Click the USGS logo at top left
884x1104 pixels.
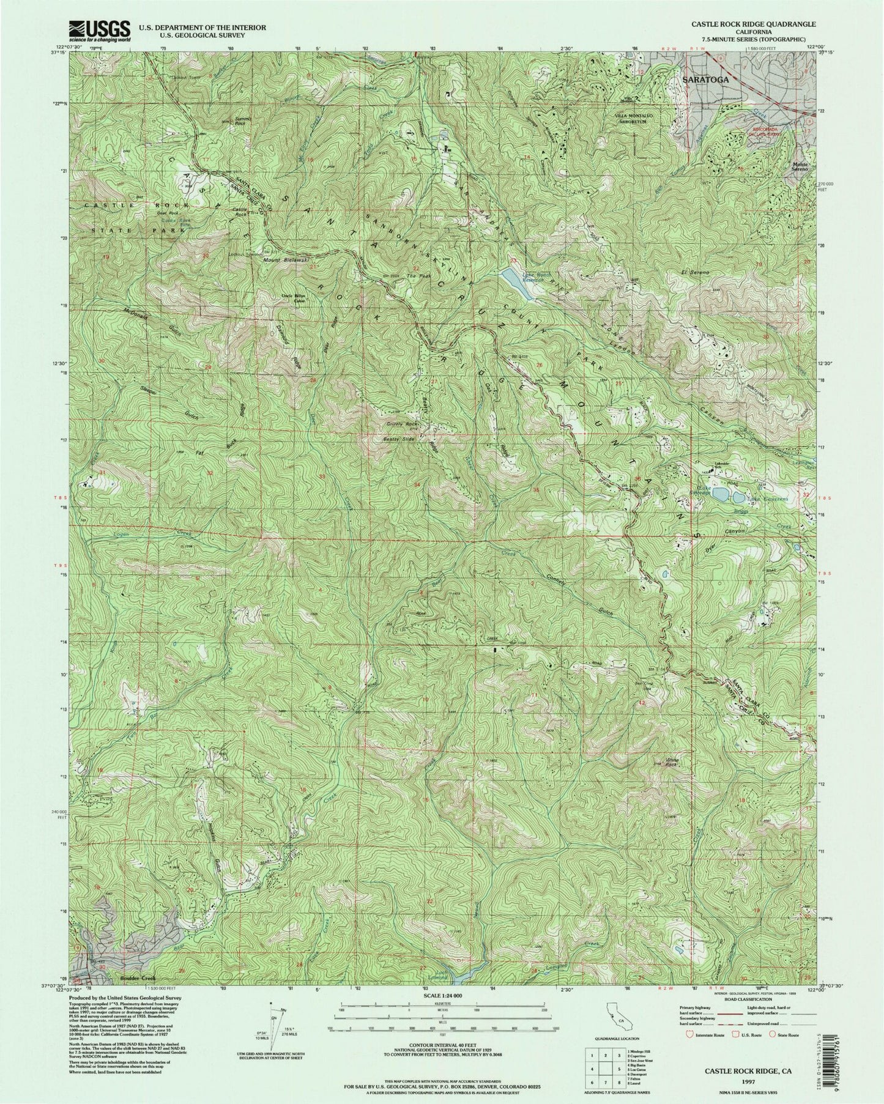[x=101, y=29]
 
